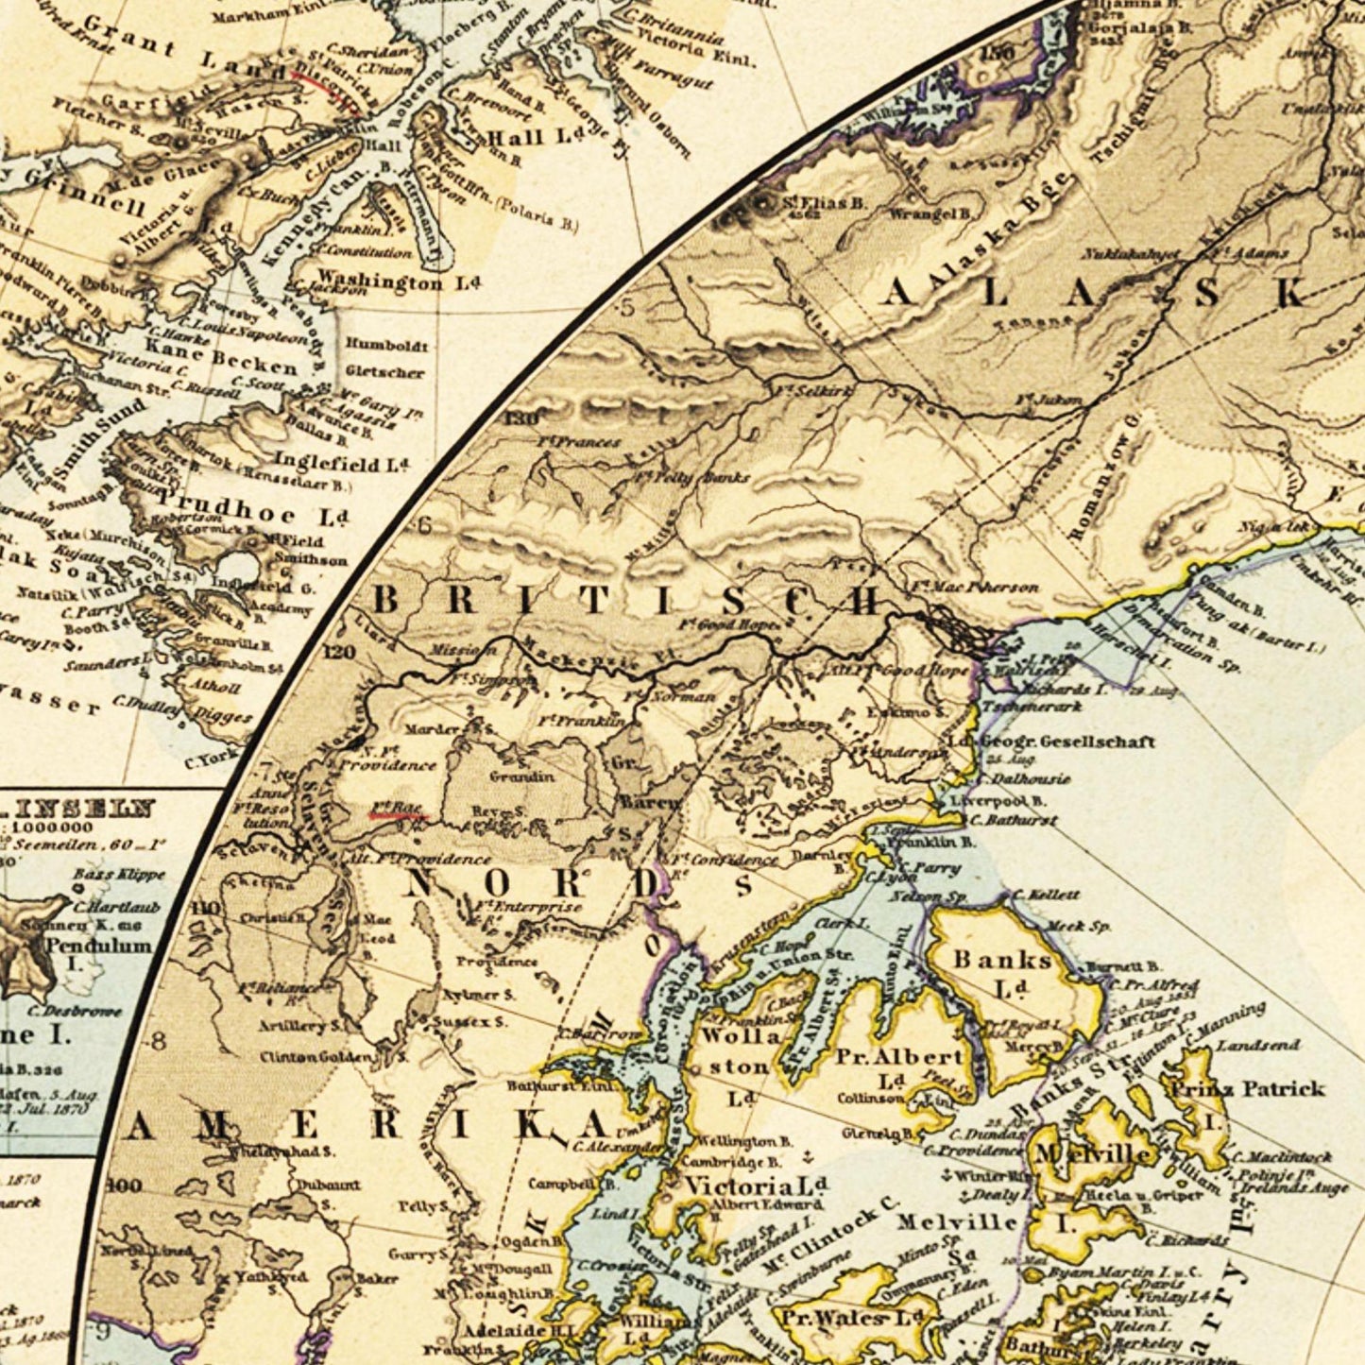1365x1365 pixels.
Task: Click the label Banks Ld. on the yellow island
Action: click(1003, 973)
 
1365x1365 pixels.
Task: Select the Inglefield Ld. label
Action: click(340, 463)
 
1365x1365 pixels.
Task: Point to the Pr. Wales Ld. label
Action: click(847, 1316)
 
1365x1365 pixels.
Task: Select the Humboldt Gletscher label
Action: click(385, 358)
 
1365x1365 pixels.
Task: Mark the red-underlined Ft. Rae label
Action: click(396, 808)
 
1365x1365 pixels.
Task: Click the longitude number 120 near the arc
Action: click(338, 653)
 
